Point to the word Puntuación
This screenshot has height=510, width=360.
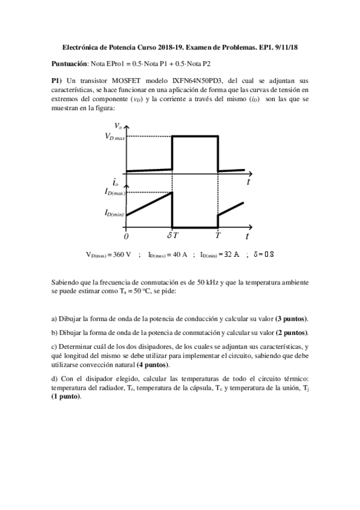point(70,63)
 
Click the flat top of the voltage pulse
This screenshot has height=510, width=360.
point(195,136)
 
